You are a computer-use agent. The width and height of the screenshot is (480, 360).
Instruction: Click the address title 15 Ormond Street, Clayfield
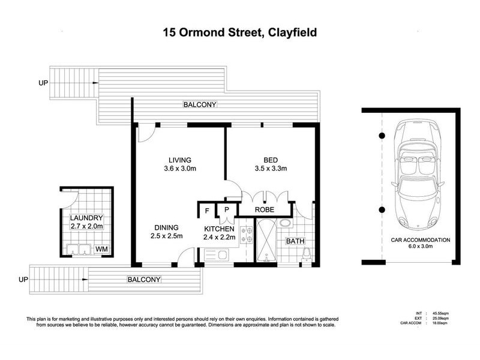click(240, 32)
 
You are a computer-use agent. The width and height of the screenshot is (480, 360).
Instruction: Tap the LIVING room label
click(180, 160)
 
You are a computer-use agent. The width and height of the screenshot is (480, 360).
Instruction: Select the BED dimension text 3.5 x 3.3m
click(271, 169)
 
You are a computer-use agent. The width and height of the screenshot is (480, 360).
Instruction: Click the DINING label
click(167, 228)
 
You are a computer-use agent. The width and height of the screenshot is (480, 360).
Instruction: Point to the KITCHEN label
click(219, 229)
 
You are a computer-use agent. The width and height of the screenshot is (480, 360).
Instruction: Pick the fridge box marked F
click(207, 211)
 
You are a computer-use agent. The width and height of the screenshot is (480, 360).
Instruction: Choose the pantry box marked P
click(227, 209)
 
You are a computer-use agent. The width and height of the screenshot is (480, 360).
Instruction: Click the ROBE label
click(265, 210)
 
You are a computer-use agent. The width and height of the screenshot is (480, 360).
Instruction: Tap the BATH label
click(295, 241)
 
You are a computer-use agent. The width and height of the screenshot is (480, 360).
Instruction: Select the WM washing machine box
click(101, 249)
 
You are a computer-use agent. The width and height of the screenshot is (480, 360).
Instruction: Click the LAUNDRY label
click(86, 218)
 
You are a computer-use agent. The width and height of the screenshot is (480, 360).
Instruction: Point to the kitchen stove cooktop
click(247, 235)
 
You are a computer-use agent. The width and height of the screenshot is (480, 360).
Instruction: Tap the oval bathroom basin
click(286, 223)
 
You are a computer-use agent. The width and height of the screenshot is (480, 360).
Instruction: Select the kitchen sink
click(217, 254)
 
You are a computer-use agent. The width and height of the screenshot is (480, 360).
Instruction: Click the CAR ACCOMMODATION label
click(421, 240)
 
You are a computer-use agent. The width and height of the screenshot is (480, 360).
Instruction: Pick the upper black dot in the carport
click(382, 136)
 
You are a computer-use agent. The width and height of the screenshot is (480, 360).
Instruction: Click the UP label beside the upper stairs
click(43, 83)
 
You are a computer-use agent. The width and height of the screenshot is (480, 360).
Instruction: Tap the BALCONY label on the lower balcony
click(144, 280)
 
